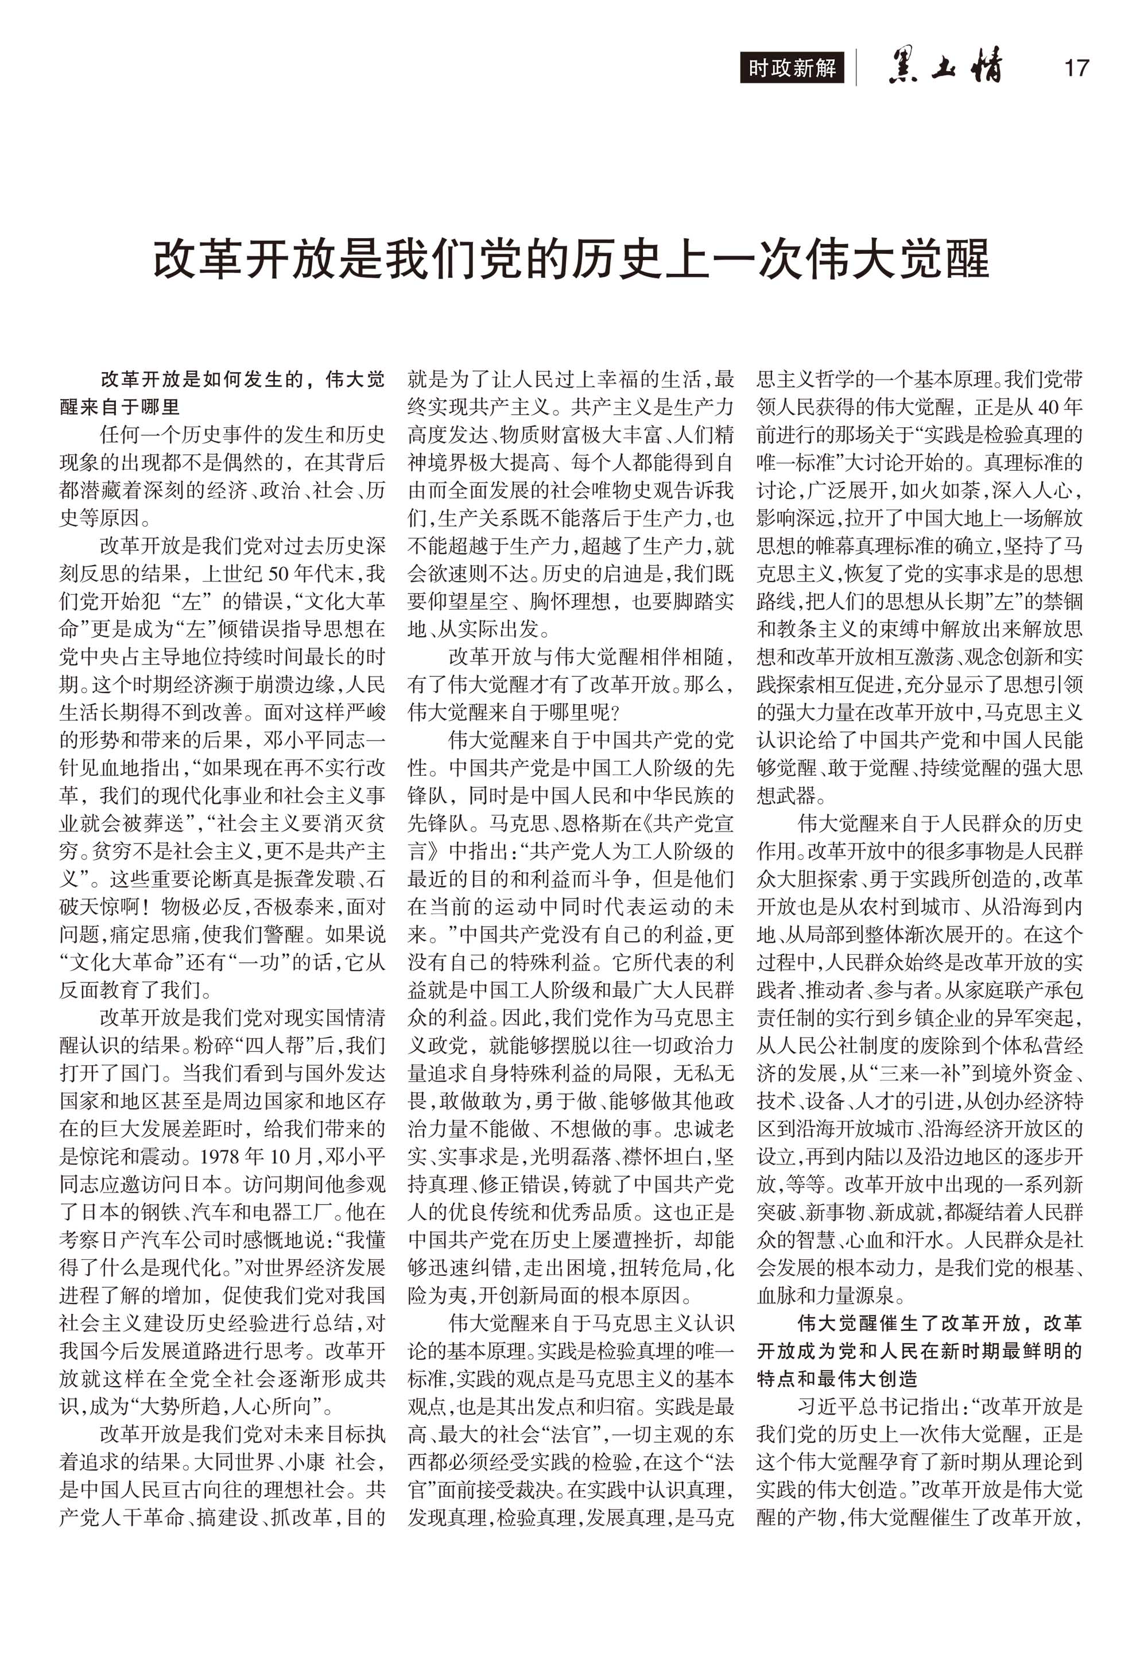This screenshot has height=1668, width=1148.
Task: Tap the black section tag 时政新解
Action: click(x=792, y=68)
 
